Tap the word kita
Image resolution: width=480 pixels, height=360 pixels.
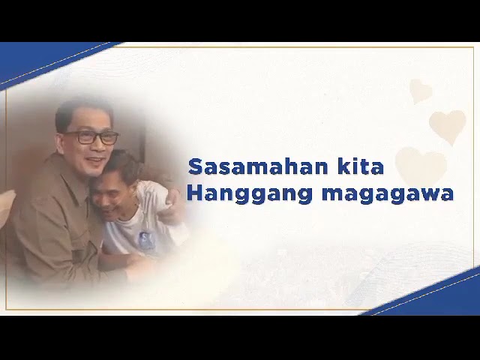(362, 166)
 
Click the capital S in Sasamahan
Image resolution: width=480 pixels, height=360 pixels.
(195, 166)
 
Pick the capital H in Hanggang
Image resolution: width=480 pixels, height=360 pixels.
(194, 193)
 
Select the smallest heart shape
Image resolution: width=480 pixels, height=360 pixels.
(421, 91)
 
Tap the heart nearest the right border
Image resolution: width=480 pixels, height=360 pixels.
(448, 125)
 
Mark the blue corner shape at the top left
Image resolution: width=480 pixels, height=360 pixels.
(30, 60)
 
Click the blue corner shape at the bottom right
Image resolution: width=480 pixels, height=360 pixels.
(442, 296)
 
